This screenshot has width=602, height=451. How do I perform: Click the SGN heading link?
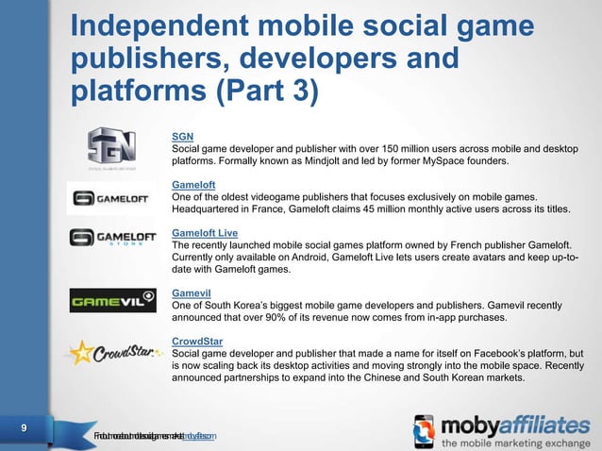182,136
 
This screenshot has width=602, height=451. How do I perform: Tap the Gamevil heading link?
192,292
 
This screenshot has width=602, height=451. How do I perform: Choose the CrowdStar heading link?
197,341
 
